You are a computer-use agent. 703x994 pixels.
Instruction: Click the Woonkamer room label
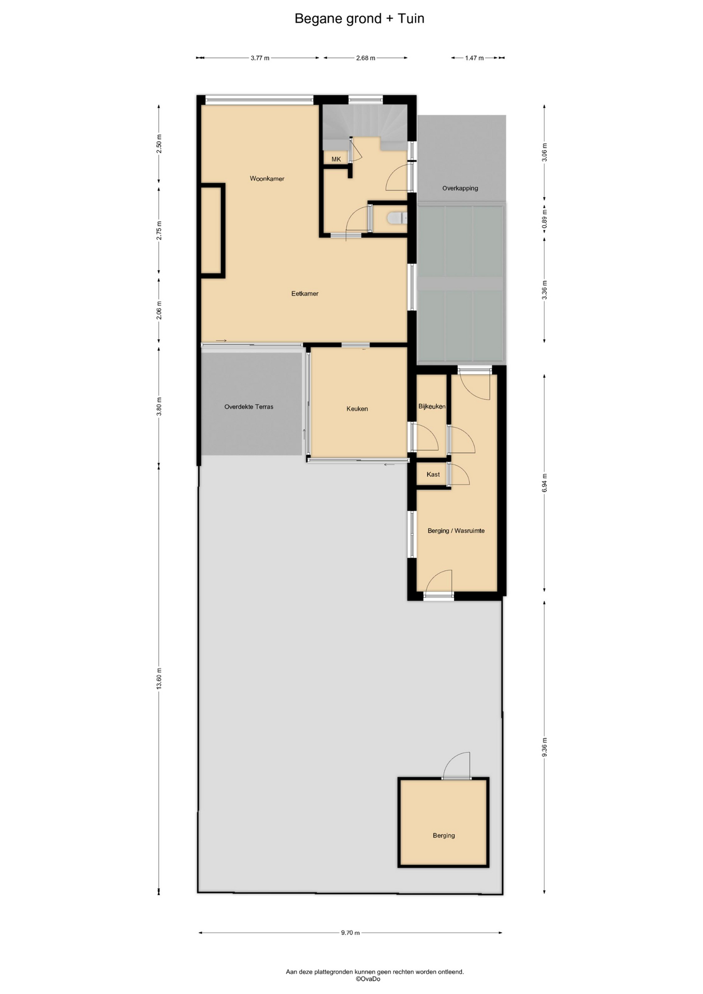(x=267, y=179)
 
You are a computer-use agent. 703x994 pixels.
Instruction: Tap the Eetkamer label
(x=305, y=294)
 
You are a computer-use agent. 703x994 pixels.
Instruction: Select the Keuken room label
(x=357, y=408)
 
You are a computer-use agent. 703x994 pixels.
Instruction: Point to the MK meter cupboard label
(x=336, y=159)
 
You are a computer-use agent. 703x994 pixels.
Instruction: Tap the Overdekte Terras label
(x=249, y=407)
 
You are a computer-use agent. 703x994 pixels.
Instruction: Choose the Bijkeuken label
(x=432, y=406)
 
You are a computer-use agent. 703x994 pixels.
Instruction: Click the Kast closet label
(x=433, y=474)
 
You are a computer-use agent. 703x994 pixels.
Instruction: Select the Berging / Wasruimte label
(x=456, y=531)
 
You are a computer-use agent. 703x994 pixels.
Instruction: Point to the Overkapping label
(x=460, y=188)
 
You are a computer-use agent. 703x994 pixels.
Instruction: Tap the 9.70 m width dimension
(x=350, y=932)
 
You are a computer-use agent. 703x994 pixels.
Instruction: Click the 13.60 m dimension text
(x=159, y=678)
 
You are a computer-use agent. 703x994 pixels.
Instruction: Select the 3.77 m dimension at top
(x=260, y=58)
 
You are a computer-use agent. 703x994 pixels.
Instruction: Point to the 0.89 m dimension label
(x=544, y=218)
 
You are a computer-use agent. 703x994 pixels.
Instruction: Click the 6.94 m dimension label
(x=544, y=483)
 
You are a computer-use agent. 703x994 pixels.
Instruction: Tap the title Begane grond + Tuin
(x=359, y=19)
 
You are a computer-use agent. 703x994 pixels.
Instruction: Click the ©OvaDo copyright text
(x=368, y=978)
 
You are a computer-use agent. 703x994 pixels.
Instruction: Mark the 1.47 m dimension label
(x=474, y=58)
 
